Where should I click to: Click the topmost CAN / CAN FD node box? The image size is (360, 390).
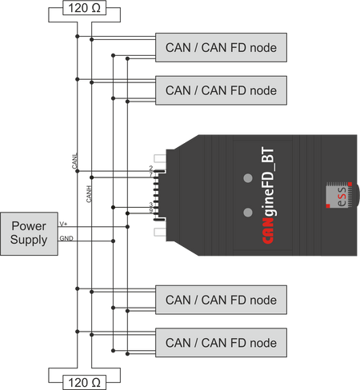pos(220,48)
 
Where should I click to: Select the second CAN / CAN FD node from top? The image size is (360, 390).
pos(220,90)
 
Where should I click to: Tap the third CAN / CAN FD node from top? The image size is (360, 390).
pos(220,300)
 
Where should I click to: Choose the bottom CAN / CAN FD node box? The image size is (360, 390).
pos(220,343)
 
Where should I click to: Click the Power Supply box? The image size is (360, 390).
pos(29,233)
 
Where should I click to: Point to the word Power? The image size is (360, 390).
pos(29,225)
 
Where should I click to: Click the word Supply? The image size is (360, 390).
pos(29,239)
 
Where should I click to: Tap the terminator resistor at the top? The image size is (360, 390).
pos(83,8)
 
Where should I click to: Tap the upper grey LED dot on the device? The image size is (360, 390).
pos(248,176)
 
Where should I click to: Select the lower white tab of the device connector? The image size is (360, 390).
pos(160,231)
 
